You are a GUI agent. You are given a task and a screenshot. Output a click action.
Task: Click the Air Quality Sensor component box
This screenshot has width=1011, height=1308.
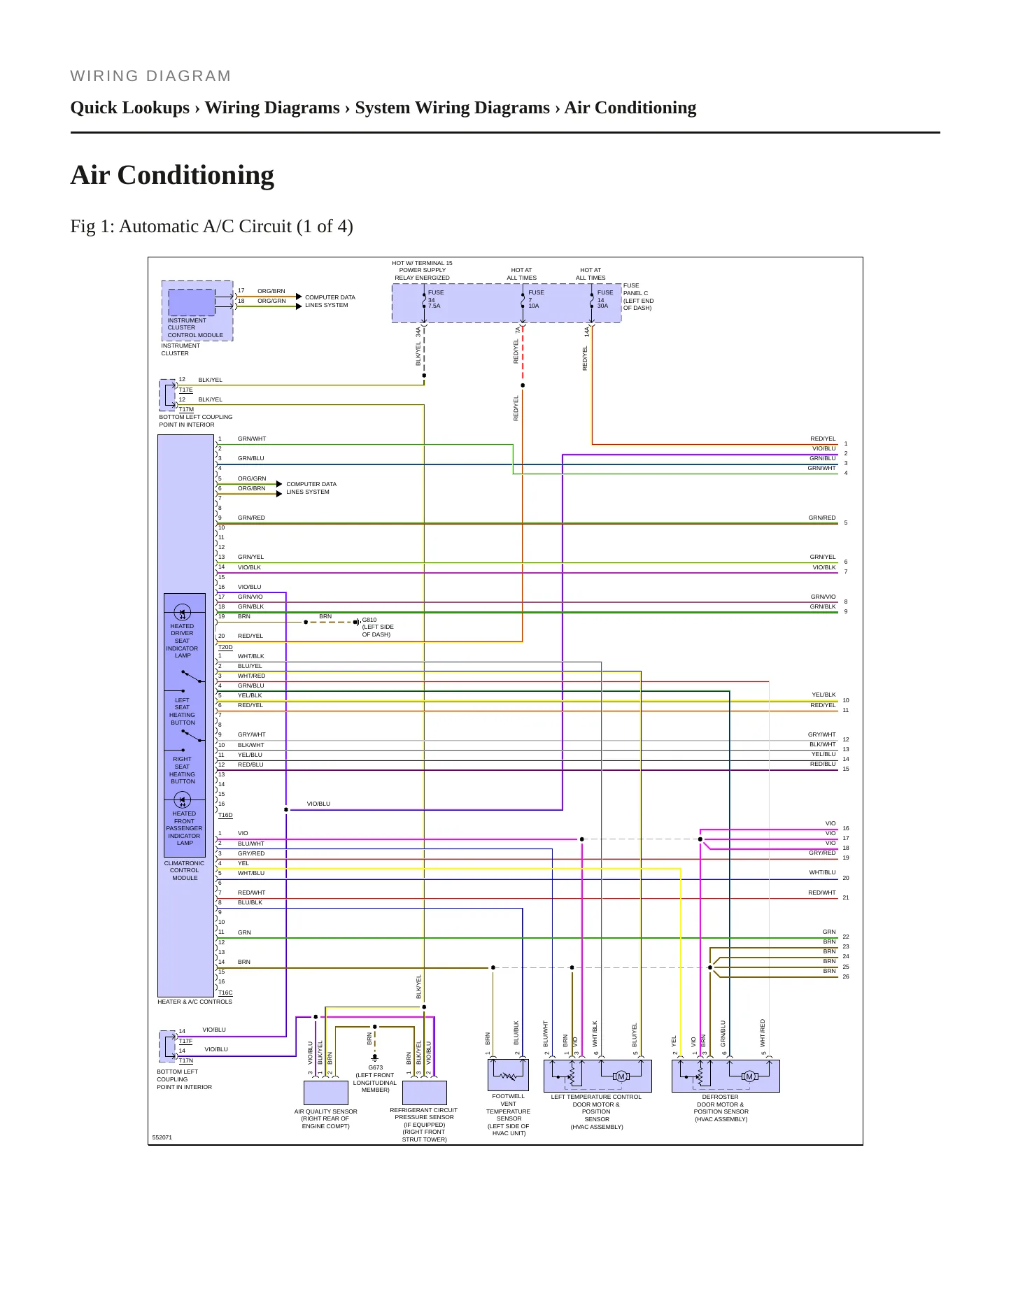(x=326, y=1093)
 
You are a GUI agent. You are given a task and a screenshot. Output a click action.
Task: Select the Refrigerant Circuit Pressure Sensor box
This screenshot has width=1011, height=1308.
(x=425, y=1093)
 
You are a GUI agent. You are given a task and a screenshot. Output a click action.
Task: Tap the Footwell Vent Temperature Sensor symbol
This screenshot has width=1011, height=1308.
(x=508, y=1075)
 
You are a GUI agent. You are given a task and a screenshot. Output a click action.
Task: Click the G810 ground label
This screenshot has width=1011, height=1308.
(x=369, y=620)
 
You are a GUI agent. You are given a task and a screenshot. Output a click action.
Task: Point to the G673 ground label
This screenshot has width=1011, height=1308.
(x=376, y=1067)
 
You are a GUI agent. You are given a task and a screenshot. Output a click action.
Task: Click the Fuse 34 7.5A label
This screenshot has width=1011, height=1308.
(x=436, y=299)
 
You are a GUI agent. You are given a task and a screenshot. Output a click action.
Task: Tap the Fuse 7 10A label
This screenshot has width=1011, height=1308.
(x=536, y=299)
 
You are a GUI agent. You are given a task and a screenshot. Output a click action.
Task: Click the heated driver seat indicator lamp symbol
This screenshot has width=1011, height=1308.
(x=182, y=613)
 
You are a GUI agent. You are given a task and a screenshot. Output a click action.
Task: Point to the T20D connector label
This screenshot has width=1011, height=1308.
(x=225, y=647)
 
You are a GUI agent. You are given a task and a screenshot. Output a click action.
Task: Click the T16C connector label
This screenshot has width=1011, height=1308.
(x=225, y=993)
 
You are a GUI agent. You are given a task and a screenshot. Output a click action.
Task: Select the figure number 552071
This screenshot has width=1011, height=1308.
(x=162, y=1137)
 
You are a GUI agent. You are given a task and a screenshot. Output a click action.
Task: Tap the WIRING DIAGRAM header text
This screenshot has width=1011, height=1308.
(x=150, y=76)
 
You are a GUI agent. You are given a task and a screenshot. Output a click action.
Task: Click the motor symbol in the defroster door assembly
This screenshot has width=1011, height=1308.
(x=749, y=1076)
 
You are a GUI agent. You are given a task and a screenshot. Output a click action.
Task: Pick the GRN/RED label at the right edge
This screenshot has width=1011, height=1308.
(x=822, y=518)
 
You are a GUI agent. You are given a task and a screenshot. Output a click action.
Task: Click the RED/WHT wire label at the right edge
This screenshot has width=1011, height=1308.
(x=822, y=893)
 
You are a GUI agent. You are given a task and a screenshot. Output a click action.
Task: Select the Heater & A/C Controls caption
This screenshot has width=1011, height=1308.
(x=195, y=1002)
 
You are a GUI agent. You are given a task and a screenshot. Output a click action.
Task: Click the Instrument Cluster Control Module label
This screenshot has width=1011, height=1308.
(x=195, y=328)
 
